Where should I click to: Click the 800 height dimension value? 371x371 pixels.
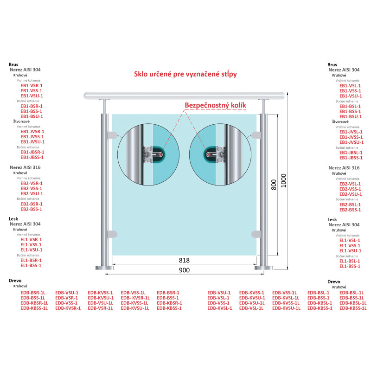click(x=274, y=185)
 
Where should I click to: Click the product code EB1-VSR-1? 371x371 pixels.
click(x=29, y=85)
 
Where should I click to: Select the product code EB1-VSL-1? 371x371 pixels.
click(x=350, y=86)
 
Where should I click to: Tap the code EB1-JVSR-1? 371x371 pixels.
click(x=30, y=132)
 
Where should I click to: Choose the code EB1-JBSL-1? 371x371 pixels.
click(x=350, y=153)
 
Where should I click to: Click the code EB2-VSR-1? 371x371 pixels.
click(x=29, y=183)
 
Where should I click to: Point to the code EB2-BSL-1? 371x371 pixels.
click(x=350, y=205)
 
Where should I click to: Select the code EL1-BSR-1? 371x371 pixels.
click(x=29, y=260)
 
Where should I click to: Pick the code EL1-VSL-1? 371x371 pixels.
click(x=350, y=240)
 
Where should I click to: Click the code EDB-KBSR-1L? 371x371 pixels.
click(x=34, y=303)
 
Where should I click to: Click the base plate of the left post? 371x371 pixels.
click(x=105, y=268)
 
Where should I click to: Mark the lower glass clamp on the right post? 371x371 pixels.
click(x=256, y=234)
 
